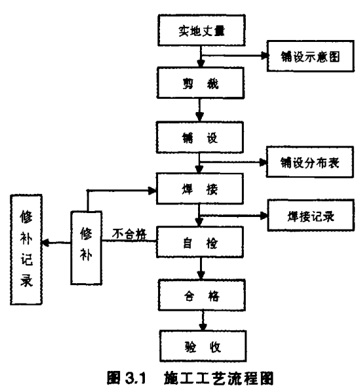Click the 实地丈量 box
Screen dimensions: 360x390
click(201, 30)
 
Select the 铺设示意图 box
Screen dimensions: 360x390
click(310, 56)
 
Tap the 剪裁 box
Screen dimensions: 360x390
click(200, 83)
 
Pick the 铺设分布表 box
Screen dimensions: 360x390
click(310, 162)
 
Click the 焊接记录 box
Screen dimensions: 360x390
click(311, 216)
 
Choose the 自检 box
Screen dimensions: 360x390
click(200, 242)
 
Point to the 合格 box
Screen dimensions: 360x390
click(202, 295)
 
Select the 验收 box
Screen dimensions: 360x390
click(203, 346)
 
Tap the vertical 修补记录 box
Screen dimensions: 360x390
click(26, 250)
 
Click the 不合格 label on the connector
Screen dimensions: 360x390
click(129, 234)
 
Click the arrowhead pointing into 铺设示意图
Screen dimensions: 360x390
click(264, 56)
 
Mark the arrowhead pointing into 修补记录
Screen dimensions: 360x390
click(45, 243)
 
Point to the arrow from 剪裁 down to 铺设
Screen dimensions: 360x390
click(199, 110)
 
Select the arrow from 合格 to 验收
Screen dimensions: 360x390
click(203, 321)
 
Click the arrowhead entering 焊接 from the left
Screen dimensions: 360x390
click(153, 191)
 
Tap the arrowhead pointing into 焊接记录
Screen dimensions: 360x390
click(264, 216)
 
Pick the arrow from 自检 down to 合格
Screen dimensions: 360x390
click(201, 269)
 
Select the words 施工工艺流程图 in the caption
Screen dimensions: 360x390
click(219, 378)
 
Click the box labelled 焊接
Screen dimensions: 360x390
click(200, 189)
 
